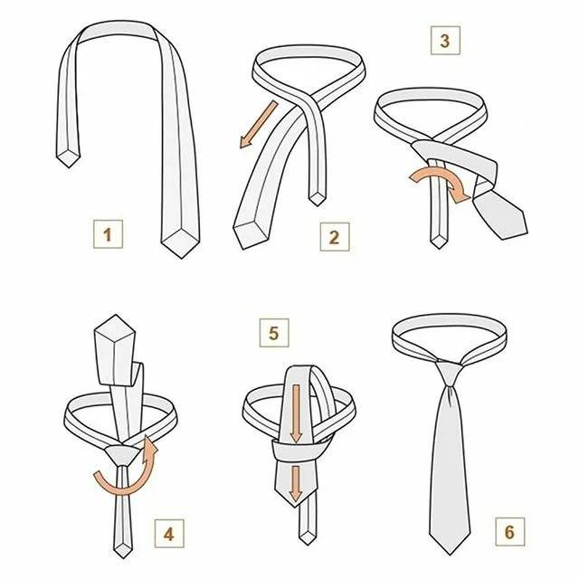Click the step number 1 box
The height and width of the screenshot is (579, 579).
108,234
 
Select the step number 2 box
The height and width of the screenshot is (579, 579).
335,237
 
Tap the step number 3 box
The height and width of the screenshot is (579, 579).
445,41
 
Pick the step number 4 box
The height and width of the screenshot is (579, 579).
169,534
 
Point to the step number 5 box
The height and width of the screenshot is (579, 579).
274,333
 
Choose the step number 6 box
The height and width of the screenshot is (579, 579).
510,532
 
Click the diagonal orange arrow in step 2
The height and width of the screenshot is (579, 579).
259,125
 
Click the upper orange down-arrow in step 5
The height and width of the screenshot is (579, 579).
296,413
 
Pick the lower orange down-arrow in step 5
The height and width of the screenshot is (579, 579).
296,484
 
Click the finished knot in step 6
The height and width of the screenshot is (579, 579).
449,375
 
